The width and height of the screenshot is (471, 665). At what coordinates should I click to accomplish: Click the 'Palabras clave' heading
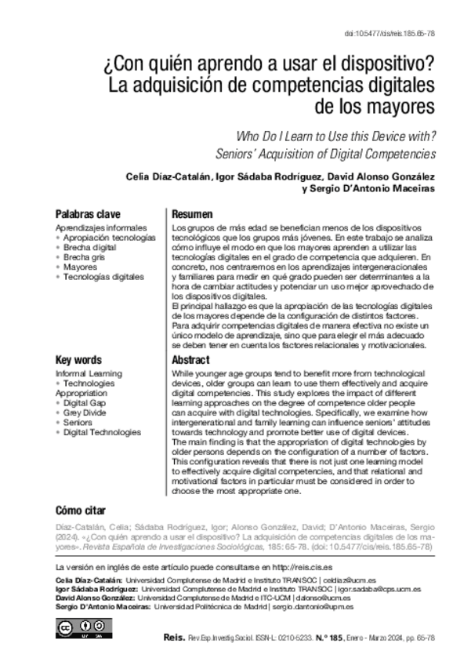88,214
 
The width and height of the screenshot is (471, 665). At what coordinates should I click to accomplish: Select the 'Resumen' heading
192,214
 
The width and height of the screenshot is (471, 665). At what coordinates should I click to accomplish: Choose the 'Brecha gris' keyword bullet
87,256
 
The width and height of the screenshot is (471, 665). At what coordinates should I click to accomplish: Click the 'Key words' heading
78,359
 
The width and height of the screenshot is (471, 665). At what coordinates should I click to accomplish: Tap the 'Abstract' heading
190,359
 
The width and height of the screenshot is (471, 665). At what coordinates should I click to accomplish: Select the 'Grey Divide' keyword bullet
87,412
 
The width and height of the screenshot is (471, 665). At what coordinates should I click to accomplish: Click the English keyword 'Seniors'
79,422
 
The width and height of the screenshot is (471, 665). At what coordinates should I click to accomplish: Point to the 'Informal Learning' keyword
89,373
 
